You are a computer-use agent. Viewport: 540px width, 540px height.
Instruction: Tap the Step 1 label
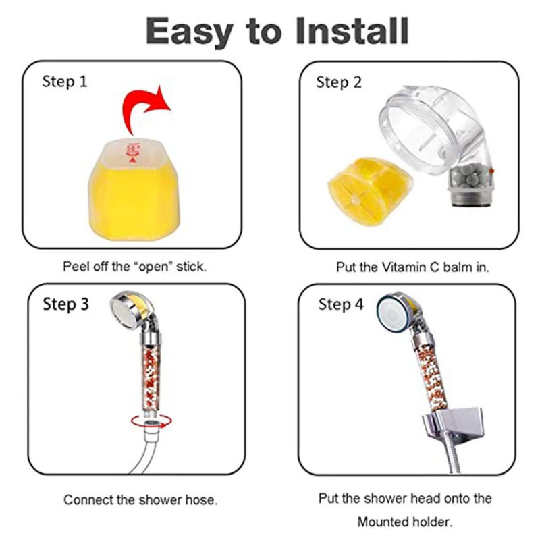click(x=65, y=82)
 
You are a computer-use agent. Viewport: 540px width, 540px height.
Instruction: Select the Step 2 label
click(x=339, y=82)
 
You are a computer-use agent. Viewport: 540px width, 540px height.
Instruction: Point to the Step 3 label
click(x=65, y=304)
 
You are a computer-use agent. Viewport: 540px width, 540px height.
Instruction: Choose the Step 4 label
click(x=341, y=304)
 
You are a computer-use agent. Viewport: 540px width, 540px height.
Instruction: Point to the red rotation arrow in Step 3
click(x=151, y=421)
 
